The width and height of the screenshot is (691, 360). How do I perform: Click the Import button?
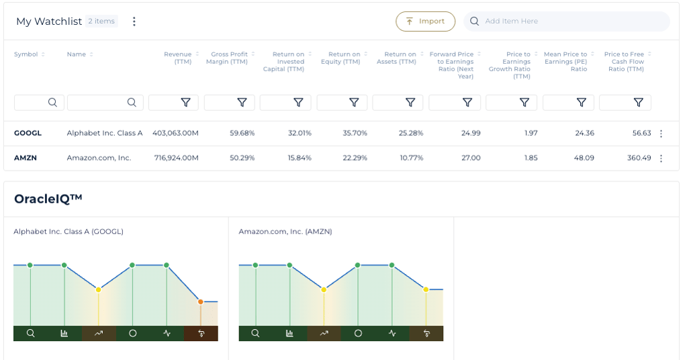[425, 21]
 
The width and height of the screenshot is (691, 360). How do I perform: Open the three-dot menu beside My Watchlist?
[134, 21]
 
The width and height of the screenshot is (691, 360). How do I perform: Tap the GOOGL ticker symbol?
[28, 133]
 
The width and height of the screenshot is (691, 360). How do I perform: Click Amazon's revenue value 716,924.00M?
[175, 158]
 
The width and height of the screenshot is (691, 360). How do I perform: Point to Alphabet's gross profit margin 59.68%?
[242, 133]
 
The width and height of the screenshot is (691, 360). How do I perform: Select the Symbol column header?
[26, 54]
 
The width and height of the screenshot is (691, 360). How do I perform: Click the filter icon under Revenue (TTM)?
[185, 102]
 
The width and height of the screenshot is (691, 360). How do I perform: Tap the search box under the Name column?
[105, 102]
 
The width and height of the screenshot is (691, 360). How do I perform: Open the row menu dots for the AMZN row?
[661, 159]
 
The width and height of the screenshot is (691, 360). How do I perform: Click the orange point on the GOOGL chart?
[201, 302]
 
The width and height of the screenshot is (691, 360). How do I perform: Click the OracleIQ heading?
[48, 199]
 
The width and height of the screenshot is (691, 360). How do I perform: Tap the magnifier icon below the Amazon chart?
[255, 333]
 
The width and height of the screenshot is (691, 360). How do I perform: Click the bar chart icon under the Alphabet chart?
[64, 333]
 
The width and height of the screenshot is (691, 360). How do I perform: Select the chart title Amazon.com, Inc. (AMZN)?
[285, 232]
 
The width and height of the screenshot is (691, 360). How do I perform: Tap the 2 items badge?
[101, 21]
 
